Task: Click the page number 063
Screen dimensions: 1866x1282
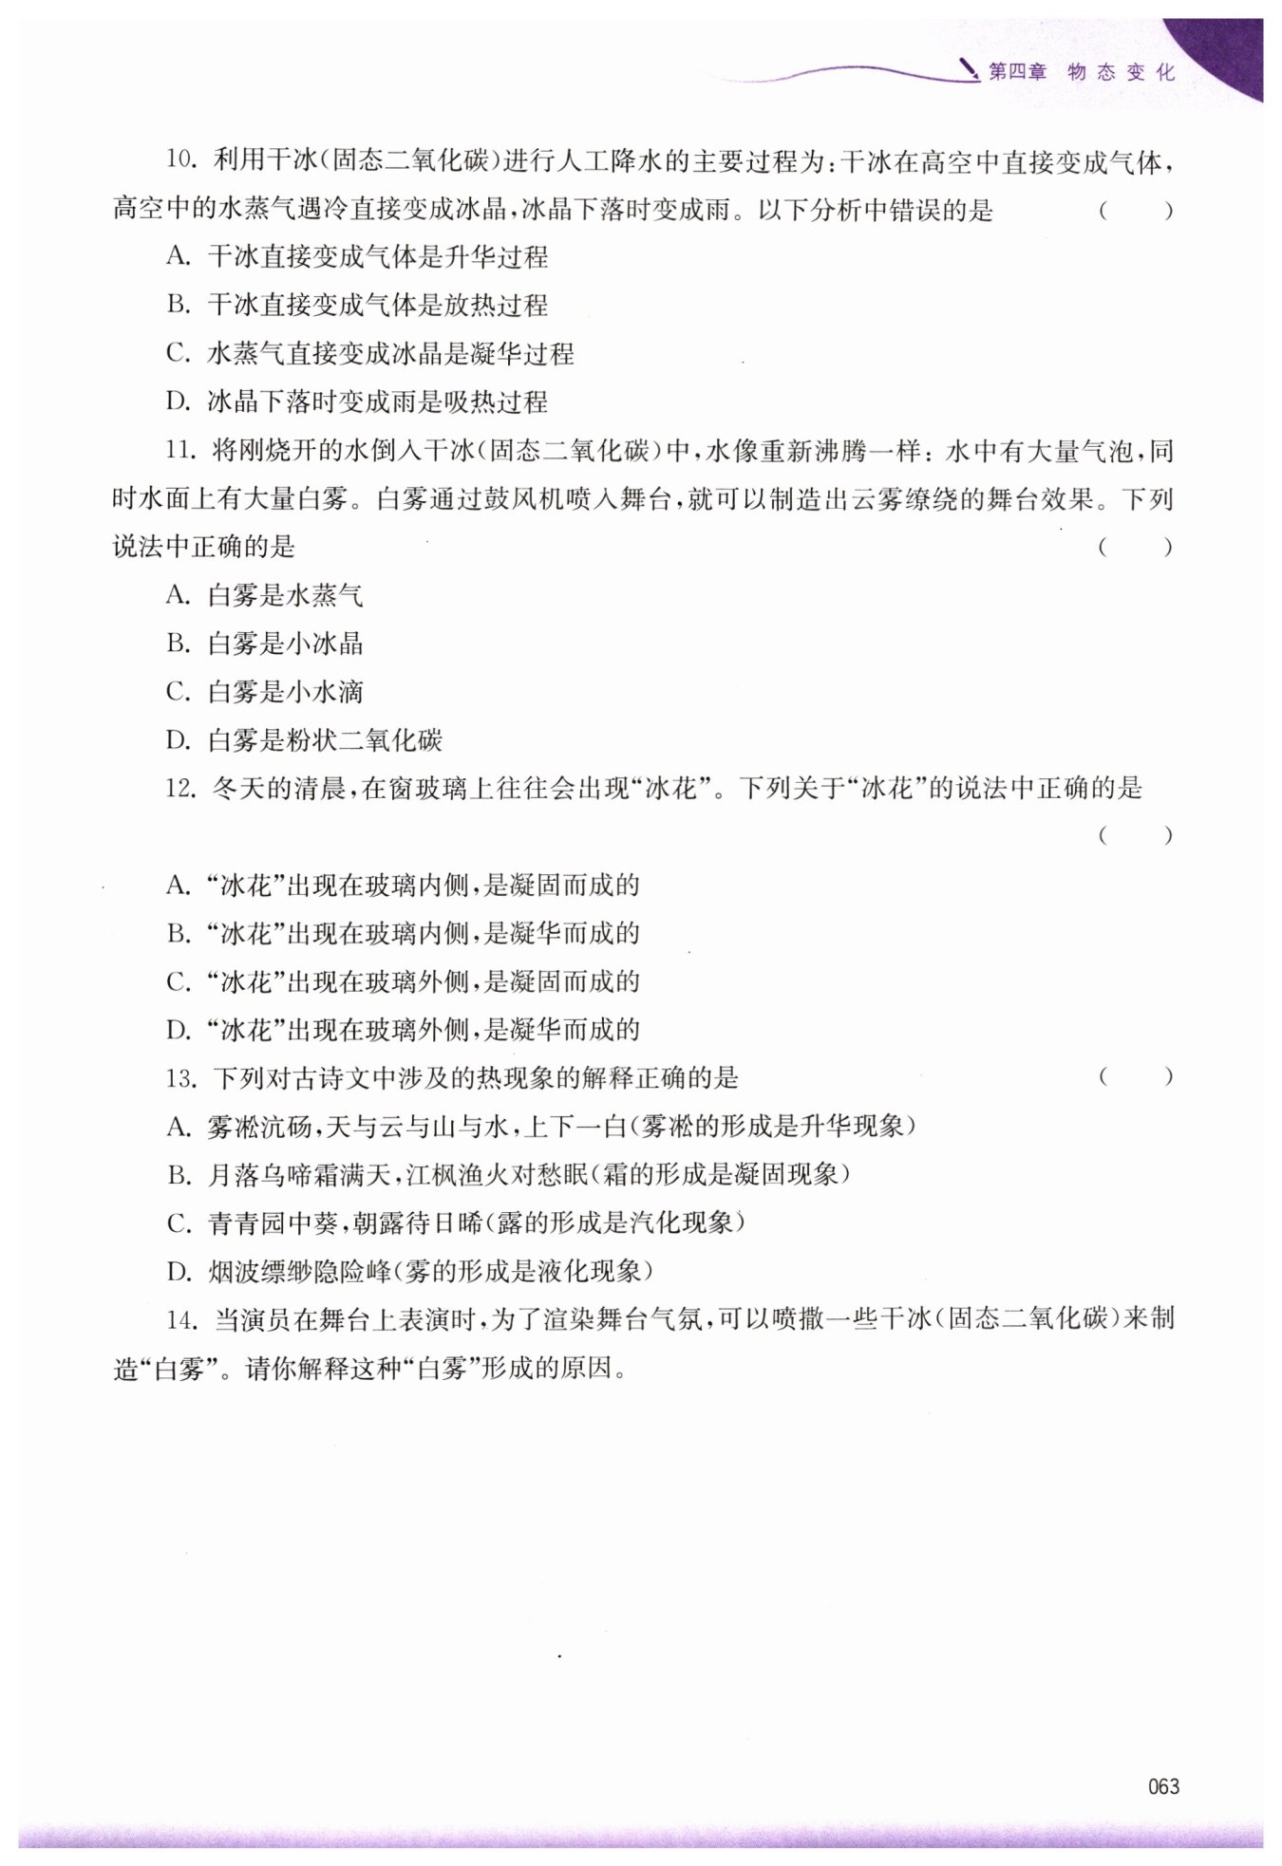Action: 1162,1785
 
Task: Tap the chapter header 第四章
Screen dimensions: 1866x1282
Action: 1017,72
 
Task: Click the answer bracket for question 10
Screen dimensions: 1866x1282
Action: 1136,210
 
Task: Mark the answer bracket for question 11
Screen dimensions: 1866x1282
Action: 1136,547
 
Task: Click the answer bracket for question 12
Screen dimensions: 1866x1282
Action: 1136,835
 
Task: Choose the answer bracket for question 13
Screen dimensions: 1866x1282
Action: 1136,1076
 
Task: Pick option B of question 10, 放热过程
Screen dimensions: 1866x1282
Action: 357,305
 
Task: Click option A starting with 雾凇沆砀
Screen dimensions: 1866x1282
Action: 540,1126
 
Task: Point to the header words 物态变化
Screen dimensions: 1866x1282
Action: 1121,72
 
